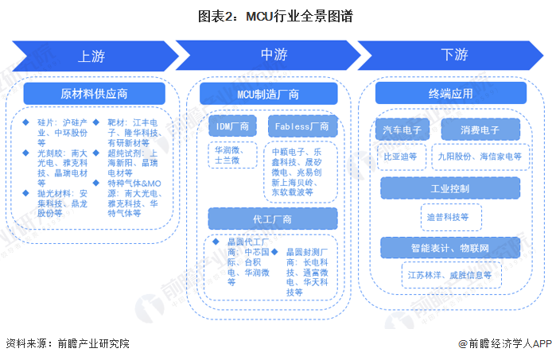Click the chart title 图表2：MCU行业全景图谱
(275, 16)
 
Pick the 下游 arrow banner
(451, 56)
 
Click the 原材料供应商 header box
(95, 94)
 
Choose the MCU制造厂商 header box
(268, 94)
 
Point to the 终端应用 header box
(451, 93)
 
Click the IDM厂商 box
(232, 126)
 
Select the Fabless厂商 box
(302, 126)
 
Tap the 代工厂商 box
(273, 219)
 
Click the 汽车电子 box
(402, 130)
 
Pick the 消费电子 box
(480, 130)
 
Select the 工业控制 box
(450, 188)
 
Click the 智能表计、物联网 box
(450, 248)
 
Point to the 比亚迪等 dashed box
(401, 157)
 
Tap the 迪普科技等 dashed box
(451, 217)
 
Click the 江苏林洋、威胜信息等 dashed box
(451, 275)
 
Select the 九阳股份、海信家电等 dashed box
(480, 157)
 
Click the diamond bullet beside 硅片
(25, 122)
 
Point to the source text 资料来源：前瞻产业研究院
(68, 343)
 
